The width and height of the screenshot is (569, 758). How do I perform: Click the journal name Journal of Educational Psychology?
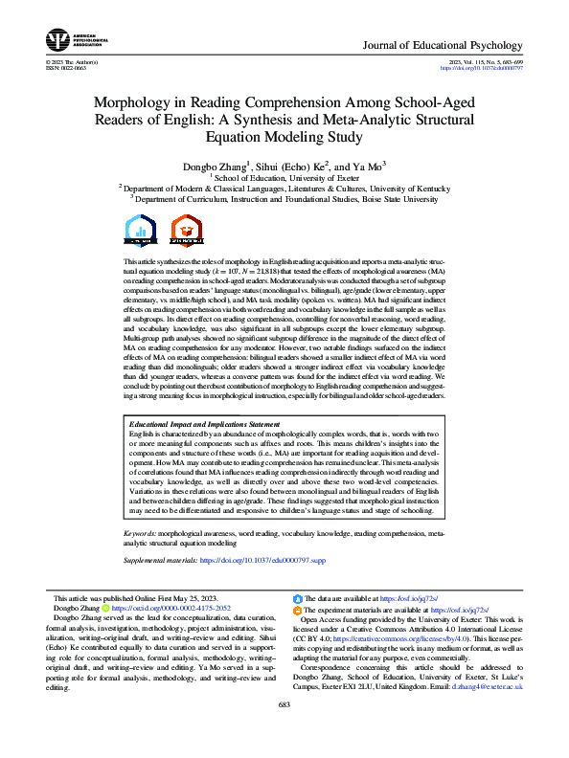[x=444, y=45]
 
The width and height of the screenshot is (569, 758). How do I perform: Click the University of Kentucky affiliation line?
[x=284, y=189]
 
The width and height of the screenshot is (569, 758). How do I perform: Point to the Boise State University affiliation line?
[x=284, y=200]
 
